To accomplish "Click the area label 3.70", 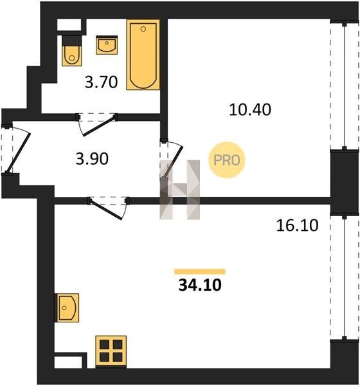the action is (101, 82).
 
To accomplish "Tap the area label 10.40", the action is (250, 109).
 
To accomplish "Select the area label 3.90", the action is (92, 159).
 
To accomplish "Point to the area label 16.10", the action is (297, 226).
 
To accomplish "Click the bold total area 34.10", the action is (200, 285).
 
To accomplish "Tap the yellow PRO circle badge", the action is (227, 160).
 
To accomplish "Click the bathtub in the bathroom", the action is (143, 55).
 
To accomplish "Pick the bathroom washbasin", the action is (107, 45).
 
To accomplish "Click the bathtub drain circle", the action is (143, 29).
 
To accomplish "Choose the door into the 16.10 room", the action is (108, 208).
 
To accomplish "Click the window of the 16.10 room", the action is (345, 277).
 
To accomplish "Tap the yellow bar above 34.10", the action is (200, 271).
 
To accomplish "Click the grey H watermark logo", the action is (180, 190).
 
